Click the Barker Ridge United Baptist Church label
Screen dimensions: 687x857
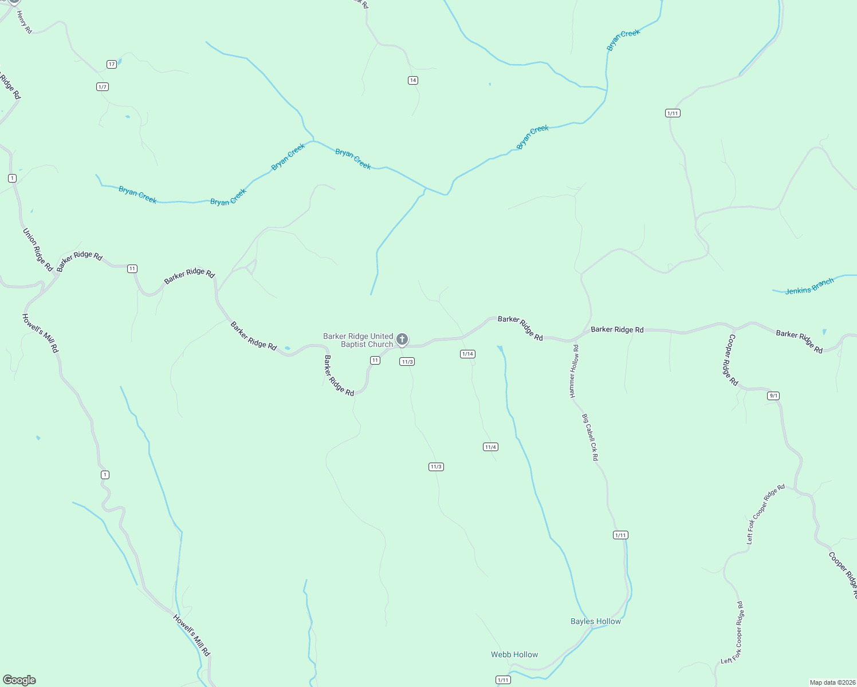359,340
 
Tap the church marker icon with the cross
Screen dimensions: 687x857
402,339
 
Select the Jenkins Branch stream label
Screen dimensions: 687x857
809,286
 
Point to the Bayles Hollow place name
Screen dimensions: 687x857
596,621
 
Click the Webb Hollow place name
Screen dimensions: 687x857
514,654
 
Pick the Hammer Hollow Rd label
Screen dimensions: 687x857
574,371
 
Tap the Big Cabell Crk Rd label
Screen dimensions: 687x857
590,438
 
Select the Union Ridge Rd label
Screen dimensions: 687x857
38,250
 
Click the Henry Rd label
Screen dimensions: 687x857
24,22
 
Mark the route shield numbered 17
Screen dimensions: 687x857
112,64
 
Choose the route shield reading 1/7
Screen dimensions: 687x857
103,87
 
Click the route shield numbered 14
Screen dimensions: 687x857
413,80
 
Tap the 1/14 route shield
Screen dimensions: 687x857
467,354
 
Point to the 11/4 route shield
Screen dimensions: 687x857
490,447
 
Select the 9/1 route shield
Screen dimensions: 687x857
773,396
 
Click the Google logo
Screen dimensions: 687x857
19,680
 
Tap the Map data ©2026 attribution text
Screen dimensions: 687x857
832,682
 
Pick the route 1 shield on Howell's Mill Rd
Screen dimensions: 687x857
105,475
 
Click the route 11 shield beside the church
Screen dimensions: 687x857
375,360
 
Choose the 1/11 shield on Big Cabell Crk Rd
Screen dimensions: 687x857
620,535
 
